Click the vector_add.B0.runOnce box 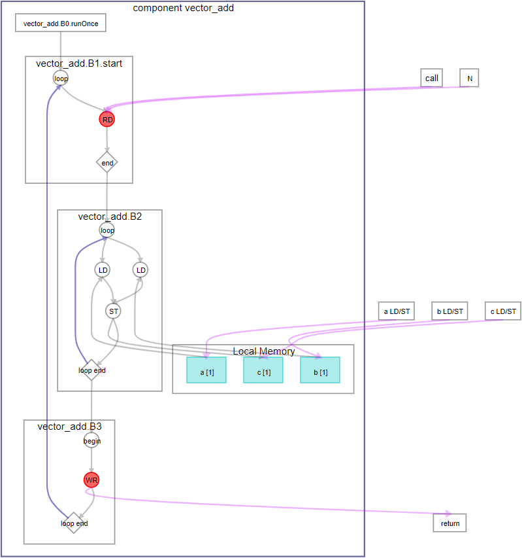pyautogui.click(x=60, y=24)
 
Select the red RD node pyautogui.click(x=107, y=120)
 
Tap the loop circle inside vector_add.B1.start pyautogui.click(x=61, y=78)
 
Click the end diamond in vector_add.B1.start pyautogui.click(x=107, y=162)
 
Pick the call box pyautogui.click(x=432, y=78)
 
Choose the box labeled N pyautogui.click(x=469, y=78)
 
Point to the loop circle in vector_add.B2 pyautogui.click(x=107, y=230)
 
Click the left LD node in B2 pyautogui.click(x=103, y=270)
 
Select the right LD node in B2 pyautogui.click(x=140, y=270)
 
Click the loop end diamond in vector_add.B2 pyautogui.click(x=92, y=370)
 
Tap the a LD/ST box pyautogui.click(x=397, y=311)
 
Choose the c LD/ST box pyautogui.click(x=503, y=311)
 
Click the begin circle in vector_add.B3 pyautogui.click(x=92, y=441)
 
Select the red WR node pyautogui.click(x=92, y=480)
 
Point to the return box pyautogui.click(x=450, y=523)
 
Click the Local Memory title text pyautogui.click(x=263, y=351)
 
